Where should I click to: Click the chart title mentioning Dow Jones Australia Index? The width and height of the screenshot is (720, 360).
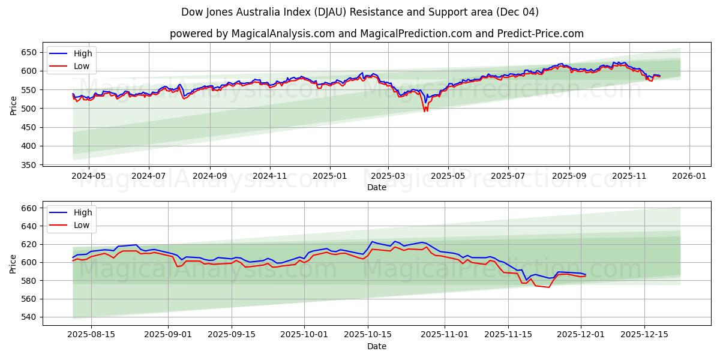360,12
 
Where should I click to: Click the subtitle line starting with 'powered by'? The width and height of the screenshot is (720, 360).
376,34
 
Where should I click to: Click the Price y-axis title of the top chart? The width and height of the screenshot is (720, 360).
13,105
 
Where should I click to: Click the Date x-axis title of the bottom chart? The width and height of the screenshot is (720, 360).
376,346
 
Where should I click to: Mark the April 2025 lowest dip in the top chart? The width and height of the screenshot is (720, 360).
425,111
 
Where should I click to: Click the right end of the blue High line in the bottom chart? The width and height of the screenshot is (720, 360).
585,274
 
